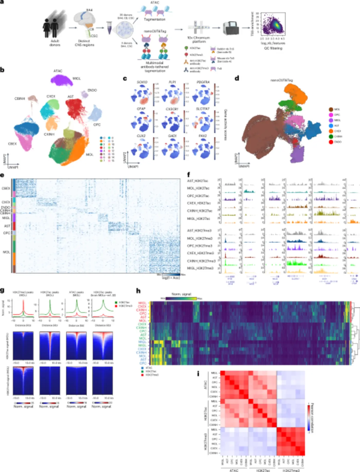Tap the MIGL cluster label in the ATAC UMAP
[77, 78]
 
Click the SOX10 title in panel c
[142, 82]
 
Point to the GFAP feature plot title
[141, 109]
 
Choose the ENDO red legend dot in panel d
[331, 142]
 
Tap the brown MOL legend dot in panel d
[331, 109]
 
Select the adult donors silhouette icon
[51, 27]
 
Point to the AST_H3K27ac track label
[197, 181]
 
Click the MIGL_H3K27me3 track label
[200, 268]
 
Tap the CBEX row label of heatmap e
[6, 188]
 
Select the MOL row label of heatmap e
[6, 252]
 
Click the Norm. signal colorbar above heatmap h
[181, 298]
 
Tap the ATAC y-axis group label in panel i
[205, 384]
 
